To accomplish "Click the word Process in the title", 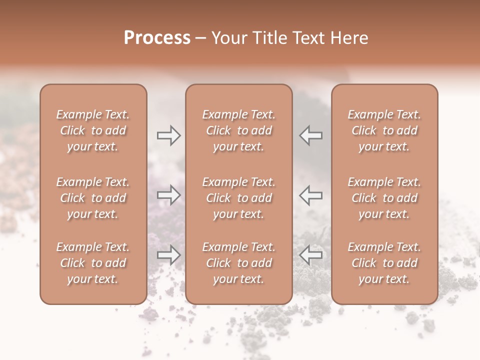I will [157, 38].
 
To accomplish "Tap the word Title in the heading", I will [270, 38].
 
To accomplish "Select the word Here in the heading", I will [348, 38].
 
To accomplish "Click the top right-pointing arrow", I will [169, 135].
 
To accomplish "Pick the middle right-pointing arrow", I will [169, 195].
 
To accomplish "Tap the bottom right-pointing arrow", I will [169, 255].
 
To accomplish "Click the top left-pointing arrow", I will [310, 135].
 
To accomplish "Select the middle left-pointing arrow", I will [310, 195].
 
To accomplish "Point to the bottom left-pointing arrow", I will [310, 255].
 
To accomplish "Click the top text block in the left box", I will [93, 130].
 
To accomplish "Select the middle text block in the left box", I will [93, 198].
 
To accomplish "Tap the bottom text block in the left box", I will [93, 263].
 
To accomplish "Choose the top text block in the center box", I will [238, 130].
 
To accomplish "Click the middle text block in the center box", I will [238, 198].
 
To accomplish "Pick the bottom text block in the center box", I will [238, 263].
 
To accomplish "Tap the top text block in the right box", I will [384, 130].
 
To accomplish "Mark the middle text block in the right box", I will [384, 198].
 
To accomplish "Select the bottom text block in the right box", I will [384, 263].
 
